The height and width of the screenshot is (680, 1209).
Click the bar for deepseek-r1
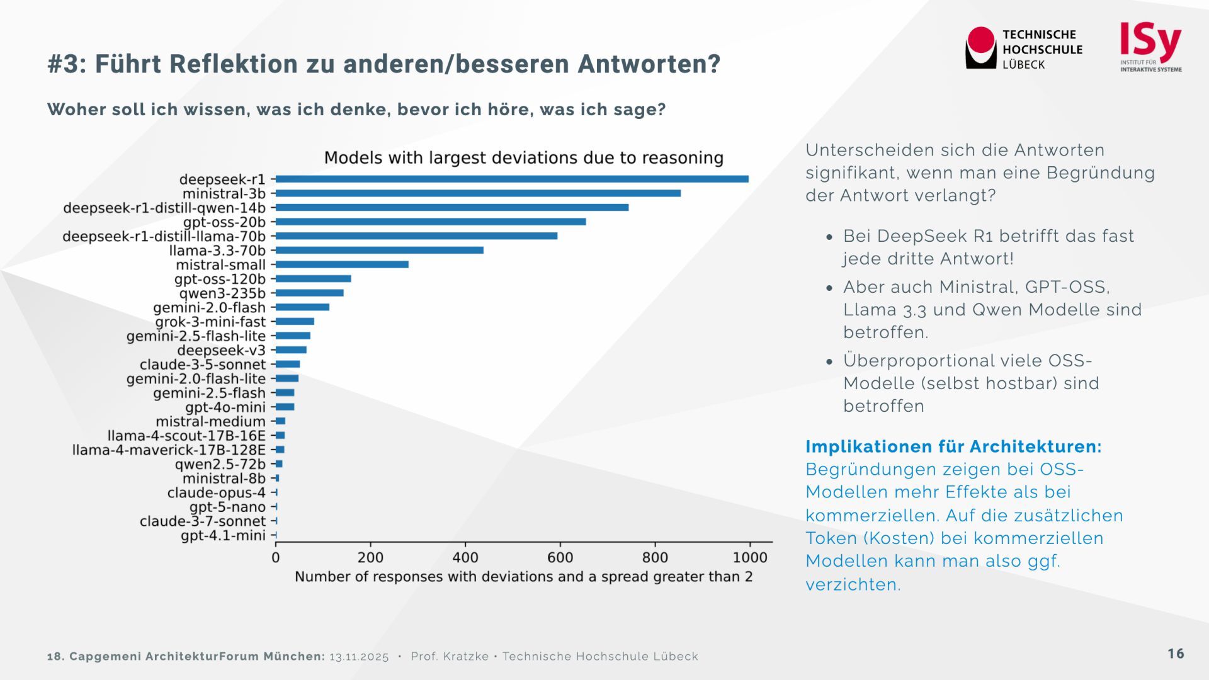pyautogui.click(x=512, y=179)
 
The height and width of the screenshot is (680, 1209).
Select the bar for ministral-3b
pyautogui.click(x=478, y=193)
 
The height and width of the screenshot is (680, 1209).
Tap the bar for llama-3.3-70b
pyautogui.click(x=380, y=250)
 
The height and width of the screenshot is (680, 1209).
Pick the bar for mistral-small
pyautogui.click(x=342, y=264)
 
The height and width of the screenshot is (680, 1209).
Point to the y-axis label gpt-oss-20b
pyautogui.click(x=224, y=222)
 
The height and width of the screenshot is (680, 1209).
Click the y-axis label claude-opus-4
pyautogui.click(x=216, y=493)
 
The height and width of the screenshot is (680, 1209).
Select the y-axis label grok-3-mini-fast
pyautogui.click(x=210, y=322)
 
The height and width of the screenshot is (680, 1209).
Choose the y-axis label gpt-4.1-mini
pyautogui.click(x=223, y=536)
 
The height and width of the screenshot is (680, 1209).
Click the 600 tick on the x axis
pyautogui.click(x=560, y=558)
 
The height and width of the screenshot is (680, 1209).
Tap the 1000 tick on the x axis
pyautogui.click(x=749, y=558)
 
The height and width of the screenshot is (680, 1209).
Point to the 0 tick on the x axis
pyautogui.click(x=276, y=558)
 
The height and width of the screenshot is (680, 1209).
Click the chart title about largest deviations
pyautogui.click(x=523, y=157)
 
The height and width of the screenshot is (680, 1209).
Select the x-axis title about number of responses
pyautogui.click(x=523, y=577)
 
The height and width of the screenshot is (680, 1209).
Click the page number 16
pyautogui.click(x=1176, y=654)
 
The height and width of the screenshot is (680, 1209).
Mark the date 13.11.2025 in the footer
pyautogui.click(x=359, y=657)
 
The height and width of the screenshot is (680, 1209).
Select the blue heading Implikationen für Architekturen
pyautogui.click(x=953, y=446)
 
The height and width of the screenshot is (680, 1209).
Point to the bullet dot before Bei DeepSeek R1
pyautogui.click(x=830, y=237)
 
